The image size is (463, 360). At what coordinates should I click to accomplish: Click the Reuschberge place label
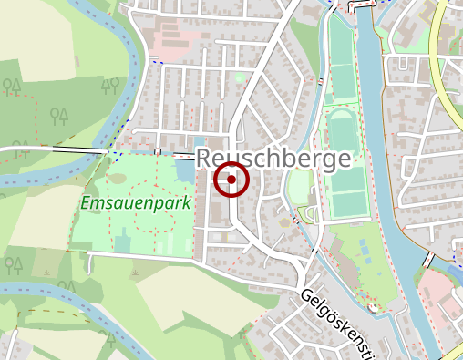click(x=273, y=159)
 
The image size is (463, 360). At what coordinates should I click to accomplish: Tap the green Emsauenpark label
click(x=136, y=202)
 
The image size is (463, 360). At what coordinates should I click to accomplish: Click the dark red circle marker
click(x=231, y=180)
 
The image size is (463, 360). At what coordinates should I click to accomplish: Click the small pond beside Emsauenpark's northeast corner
click(x=185, y=170)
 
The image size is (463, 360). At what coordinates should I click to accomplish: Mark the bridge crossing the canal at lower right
click(x=429, y=259)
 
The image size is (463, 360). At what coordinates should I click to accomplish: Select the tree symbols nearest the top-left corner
click(x=12, y=87)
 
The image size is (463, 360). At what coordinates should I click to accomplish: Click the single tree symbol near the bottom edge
click(x=109, y=339)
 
